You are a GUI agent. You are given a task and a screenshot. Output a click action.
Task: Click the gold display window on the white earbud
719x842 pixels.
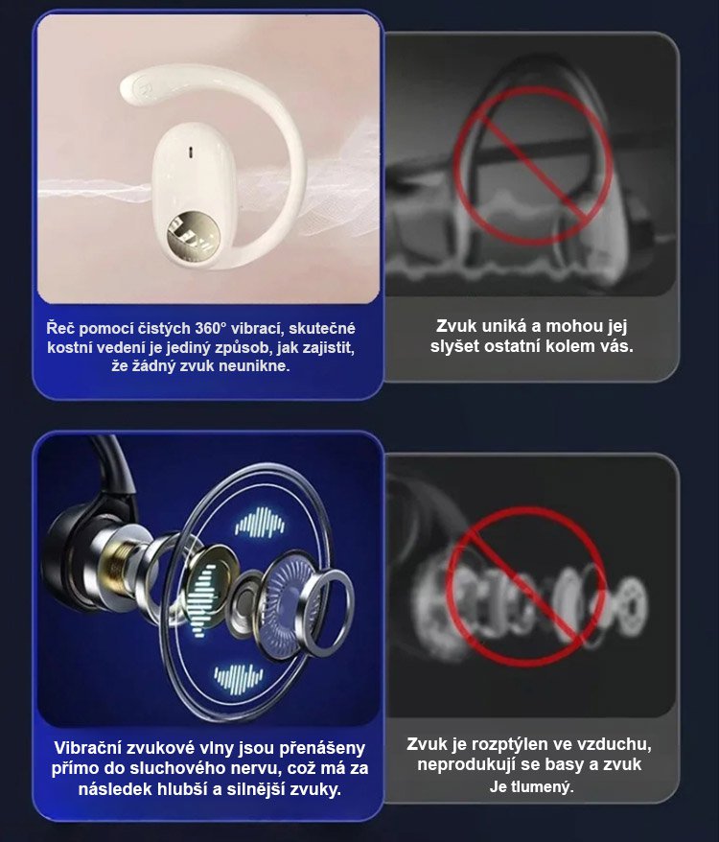[194, 236]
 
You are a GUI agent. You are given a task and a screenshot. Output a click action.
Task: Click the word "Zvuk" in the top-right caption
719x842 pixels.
[456, 326]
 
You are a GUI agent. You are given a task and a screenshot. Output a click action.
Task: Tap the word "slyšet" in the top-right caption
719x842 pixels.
[454, 346]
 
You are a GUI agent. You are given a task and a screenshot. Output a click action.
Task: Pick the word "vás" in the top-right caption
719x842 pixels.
[617, 346]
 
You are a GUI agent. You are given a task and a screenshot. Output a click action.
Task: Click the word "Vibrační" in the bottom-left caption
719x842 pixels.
[86, 747]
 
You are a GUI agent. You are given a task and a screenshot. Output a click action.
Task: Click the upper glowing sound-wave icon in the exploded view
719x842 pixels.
[260, 522]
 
